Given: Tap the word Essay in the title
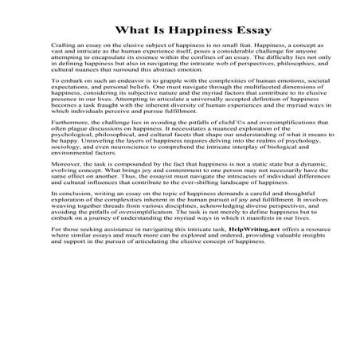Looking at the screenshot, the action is pos(234,31).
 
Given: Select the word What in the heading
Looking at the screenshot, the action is pos(130,31).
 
